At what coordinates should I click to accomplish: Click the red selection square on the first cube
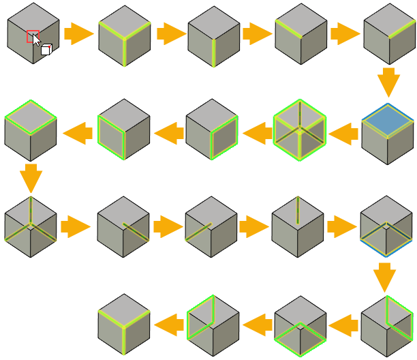click(33, 36)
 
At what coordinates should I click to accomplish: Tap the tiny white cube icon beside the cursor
click(46, 49)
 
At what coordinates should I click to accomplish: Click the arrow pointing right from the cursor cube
click(78, 33)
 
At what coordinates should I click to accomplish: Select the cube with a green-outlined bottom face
click(300, 326)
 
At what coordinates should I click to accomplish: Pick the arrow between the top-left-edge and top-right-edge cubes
click(345, 33)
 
